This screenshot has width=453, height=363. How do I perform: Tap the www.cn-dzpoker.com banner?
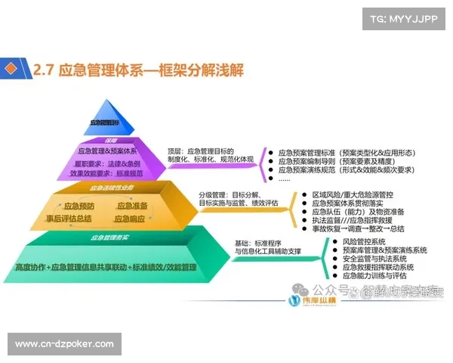(65, 344)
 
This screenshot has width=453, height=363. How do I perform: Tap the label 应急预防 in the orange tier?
(79, 205)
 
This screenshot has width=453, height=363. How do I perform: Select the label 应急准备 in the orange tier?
(132, 205)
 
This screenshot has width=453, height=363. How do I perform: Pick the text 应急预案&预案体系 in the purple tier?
(107, 150)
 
